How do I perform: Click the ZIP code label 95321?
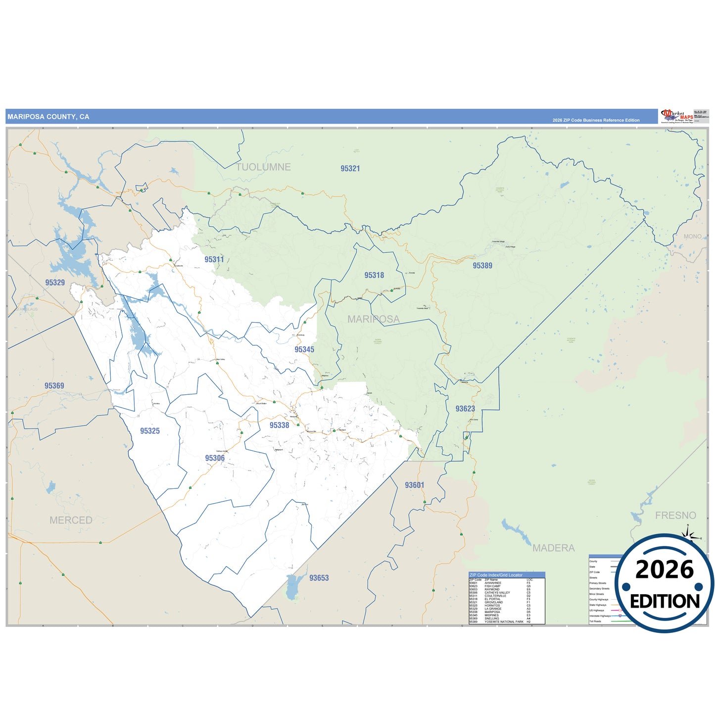(350, 169)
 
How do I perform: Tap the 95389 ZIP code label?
(482, 266)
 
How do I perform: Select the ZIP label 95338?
(279, 426)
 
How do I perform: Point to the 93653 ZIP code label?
(319, 578)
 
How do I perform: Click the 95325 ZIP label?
(149, 431)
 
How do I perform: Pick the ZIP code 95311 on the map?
(214, 259)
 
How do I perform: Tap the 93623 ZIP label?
(465, 409)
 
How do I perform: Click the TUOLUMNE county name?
(263, 167)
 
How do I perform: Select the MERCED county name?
(71, 520)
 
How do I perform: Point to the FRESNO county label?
(675, 516)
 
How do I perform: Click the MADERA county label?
(553, 548)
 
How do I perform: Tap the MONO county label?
(692, 237)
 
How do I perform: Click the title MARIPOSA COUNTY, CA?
(48, 117)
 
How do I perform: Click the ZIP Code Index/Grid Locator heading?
(495, 575)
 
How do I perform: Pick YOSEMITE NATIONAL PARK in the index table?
(504, 622)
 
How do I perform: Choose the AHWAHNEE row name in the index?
(493, 583)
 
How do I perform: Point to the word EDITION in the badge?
(665, 602)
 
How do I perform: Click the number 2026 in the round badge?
(665, 570)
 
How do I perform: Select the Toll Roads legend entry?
(595, 621)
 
